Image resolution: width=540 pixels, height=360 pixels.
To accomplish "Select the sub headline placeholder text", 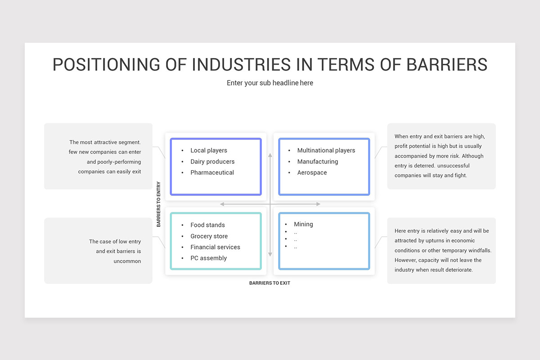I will pos(270,83).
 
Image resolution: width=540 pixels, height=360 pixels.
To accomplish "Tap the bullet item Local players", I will pos(208,150).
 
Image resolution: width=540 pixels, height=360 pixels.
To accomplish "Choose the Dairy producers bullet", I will pos(212,162).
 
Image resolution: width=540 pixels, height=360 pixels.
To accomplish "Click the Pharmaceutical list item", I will pos(212,172).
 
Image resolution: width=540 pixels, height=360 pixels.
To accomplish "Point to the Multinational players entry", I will pos(326,150).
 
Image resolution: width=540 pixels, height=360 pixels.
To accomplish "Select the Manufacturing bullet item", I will pos(317,162).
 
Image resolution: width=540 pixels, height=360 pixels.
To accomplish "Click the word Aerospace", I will pos(312,172).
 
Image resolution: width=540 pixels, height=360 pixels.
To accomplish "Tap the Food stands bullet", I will pos(207,225).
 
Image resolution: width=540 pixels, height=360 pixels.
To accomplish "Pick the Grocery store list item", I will pos(209,236).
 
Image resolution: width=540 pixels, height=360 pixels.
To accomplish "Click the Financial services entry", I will pos(215,247).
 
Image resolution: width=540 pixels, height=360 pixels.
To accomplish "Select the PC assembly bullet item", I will pos(208,258).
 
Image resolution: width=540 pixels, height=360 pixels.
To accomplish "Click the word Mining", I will pos(303,224).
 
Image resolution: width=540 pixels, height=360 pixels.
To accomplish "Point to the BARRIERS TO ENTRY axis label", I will pos(158,204).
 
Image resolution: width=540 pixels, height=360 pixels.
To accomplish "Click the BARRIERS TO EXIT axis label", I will pos(270,283).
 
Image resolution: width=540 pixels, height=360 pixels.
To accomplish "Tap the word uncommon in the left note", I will pos(127,261).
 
